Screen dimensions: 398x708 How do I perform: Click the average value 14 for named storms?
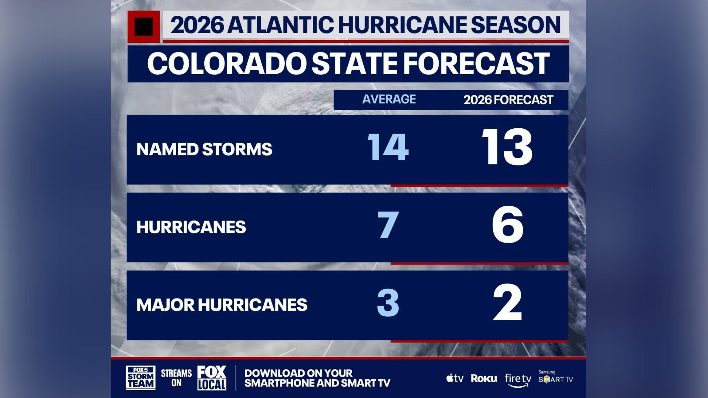click(x=388, y=147)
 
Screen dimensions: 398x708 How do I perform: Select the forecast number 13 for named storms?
click(x=507, y=147)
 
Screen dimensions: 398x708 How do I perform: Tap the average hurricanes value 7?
click(x=388, y=225)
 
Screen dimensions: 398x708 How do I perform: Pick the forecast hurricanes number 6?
click(x=508, y=225)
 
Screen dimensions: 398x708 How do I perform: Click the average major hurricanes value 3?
click(x=388, y=303)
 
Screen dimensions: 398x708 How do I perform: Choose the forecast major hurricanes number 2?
click(x=508, y=303)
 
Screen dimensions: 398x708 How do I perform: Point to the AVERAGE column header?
click(x=389, y=99)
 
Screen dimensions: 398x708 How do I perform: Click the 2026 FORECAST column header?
click(x=508, y=100)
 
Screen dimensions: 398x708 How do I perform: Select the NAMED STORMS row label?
click(x=204, y=150)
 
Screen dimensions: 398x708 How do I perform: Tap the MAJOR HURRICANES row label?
click(x=222, y=305)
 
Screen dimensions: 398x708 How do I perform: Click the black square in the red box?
click(x=144, y=27)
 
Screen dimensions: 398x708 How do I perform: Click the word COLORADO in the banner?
click(x=226, y=64)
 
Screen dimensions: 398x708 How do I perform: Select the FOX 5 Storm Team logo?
click(x=140, y=378)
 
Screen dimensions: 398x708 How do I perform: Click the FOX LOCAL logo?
click(x=212, y=378)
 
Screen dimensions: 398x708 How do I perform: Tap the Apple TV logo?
click(x=455, y=378)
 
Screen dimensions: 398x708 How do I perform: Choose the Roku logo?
click(x=484, y=378)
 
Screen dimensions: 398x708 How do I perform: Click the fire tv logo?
click(x=518, y=380)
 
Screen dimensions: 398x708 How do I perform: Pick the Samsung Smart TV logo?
click(x=555, y=378)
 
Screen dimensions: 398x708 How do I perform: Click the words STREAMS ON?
click(x=176, y=378)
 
